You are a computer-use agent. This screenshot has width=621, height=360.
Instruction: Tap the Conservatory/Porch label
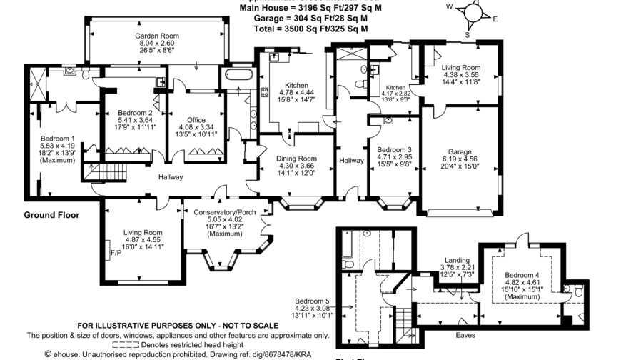[x=225, y=212]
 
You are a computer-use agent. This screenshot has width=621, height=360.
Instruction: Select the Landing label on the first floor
[x=456, y=260]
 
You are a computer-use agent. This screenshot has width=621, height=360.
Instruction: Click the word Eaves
[x=468, y=334]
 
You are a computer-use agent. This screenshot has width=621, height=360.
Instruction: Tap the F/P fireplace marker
[x=114, y=251]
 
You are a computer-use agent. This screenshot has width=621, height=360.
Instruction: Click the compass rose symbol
[x=470, y=12]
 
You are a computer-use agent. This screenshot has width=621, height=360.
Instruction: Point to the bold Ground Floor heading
[x=51, y=214]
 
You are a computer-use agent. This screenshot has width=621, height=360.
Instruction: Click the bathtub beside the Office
[x=238, y=76]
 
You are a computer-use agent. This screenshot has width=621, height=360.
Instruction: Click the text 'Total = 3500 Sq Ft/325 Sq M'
[x=310, y=29]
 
